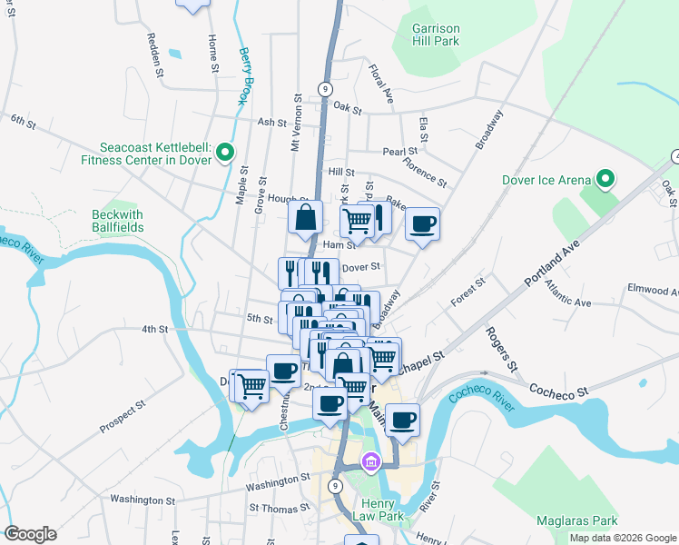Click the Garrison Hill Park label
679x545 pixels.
[435, 35]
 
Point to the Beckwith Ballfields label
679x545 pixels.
[118, 221]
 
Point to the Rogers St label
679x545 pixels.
[501, 350]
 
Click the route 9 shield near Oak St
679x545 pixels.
[323, 88]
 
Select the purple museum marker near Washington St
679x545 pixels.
[369, 463]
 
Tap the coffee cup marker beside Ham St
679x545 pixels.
[422, 223]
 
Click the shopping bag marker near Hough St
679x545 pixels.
[306, 217]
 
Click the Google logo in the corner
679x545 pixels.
[31, 534]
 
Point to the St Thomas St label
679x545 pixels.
[279, 508]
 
